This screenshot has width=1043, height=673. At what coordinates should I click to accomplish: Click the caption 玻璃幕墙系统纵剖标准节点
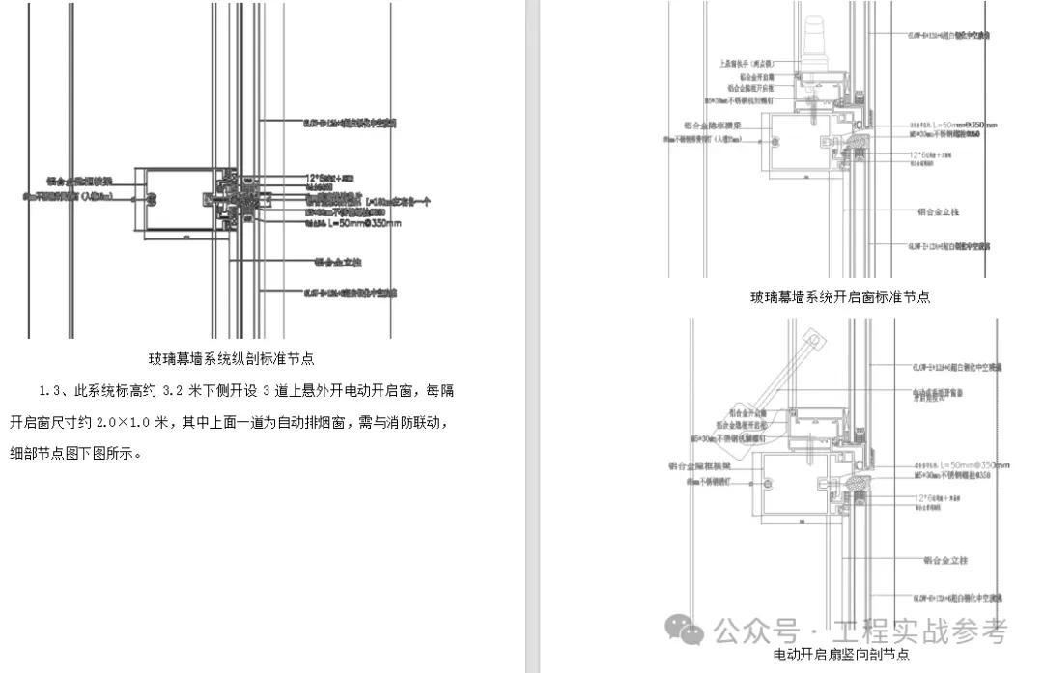click(232, 359)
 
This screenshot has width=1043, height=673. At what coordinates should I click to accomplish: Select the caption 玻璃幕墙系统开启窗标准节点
click(840, 297)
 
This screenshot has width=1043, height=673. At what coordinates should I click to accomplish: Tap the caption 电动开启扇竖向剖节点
click(841, 655)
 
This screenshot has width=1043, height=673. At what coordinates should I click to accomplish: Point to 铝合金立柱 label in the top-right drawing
click(943, 210)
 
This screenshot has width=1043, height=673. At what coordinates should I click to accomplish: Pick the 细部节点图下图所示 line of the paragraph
click(76, 453)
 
